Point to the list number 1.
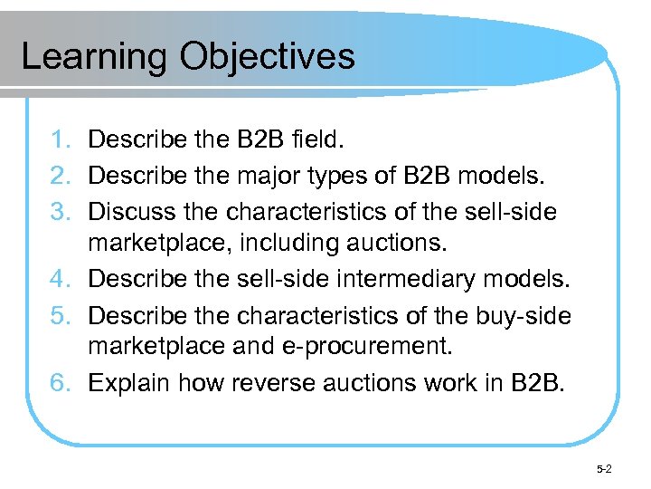(x=61, y=141)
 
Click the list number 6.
(x=61, y=384)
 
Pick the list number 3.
(x=61, y=211)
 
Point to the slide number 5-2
(x=604, y=469)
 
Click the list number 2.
(x=61, y=176)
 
